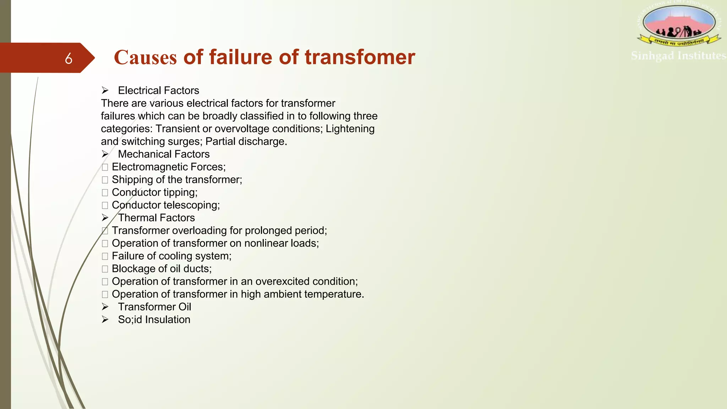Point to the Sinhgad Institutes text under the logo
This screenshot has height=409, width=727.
678,56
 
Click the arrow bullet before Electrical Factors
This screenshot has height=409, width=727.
105,91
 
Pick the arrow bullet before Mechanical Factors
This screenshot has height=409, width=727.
105,154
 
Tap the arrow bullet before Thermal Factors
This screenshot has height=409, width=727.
105,218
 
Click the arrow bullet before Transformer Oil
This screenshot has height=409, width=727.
105,307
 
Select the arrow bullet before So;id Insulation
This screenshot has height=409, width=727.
105,320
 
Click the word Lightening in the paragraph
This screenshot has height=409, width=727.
350,129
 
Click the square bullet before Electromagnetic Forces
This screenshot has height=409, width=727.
105,167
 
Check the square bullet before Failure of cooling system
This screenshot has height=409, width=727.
105,256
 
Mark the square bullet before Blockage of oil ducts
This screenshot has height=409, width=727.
105,269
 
